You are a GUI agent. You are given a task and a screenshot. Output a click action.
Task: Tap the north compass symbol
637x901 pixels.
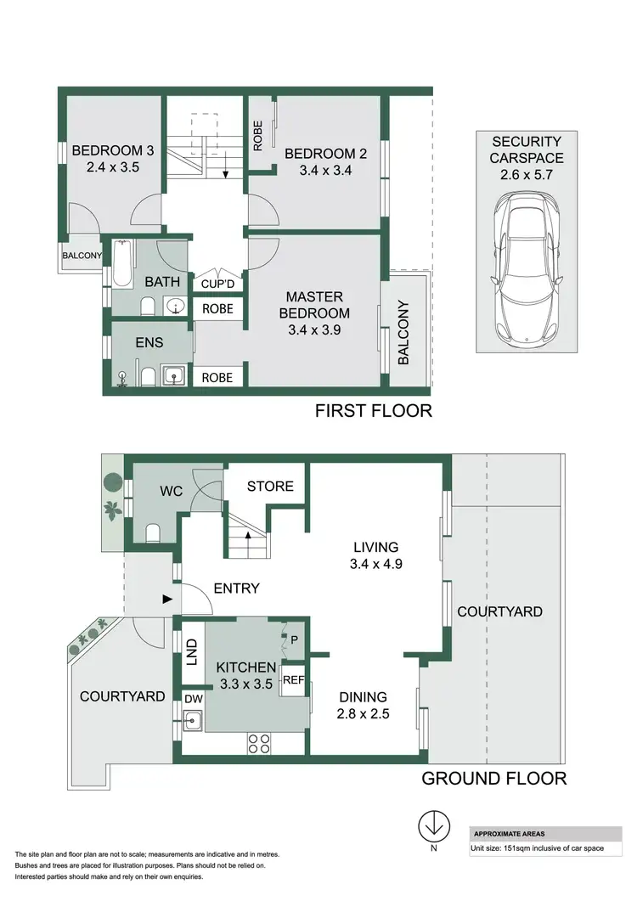pos(434,826)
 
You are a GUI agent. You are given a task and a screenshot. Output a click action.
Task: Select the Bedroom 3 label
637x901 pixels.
pos(112,151)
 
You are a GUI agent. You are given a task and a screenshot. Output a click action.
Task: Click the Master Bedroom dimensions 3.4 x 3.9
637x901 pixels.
pos(314,330)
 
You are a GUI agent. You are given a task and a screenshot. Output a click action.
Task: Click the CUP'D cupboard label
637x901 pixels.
pos(217,284)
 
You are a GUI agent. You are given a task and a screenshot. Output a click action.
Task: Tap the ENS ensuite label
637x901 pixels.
pos(149,342)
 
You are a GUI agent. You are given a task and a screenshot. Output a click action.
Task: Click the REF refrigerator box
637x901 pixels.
pos(294,679)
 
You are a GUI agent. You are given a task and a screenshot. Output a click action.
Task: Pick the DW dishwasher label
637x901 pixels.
pos(193,699)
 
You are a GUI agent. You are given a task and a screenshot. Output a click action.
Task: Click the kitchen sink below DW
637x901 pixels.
pos(193,721)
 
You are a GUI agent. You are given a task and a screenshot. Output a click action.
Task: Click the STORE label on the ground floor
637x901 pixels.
pos(270,486)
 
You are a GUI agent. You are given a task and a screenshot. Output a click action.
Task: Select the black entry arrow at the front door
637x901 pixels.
pos(167,600)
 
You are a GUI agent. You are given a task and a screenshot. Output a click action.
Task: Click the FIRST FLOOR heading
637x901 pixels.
pos(373,411)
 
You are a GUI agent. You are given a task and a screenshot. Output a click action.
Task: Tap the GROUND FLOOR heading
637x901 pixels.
pos(493,778)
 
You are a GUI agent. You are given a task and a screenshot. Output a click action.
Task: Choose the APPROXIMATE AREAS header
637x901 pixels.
pos(510,834)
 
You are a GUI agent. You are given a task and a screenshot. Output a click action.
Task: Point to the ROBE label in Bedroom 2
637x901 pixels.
pos(258,135)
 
